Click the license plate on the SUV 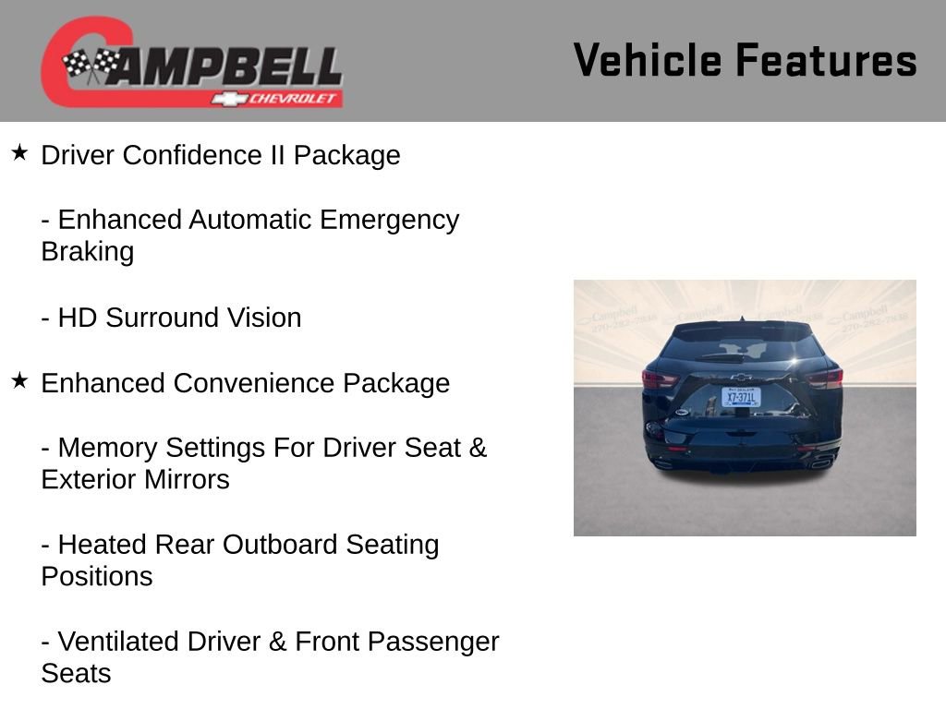[741, 397]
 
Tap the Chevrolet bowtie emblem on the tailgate [741, 377]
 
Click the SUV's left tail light [660, 379]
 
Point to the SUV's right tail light [824, 378]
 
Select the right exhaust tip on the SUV [819, 463]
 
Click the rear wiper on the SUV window [721, 356]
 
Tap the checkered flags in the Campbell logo [91, 65]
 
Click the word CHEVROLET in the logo [291, 98]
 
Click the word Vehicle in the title [648, 60]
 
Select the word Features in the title [826, 60]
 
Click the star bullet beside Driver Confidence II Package [19, 152]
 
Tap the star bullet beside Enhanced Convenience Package [19, 380]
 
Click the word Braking [88, 252]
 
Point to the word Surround [157, 318]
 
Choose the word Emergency [389, 220]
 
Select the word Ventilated [122, 642]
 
